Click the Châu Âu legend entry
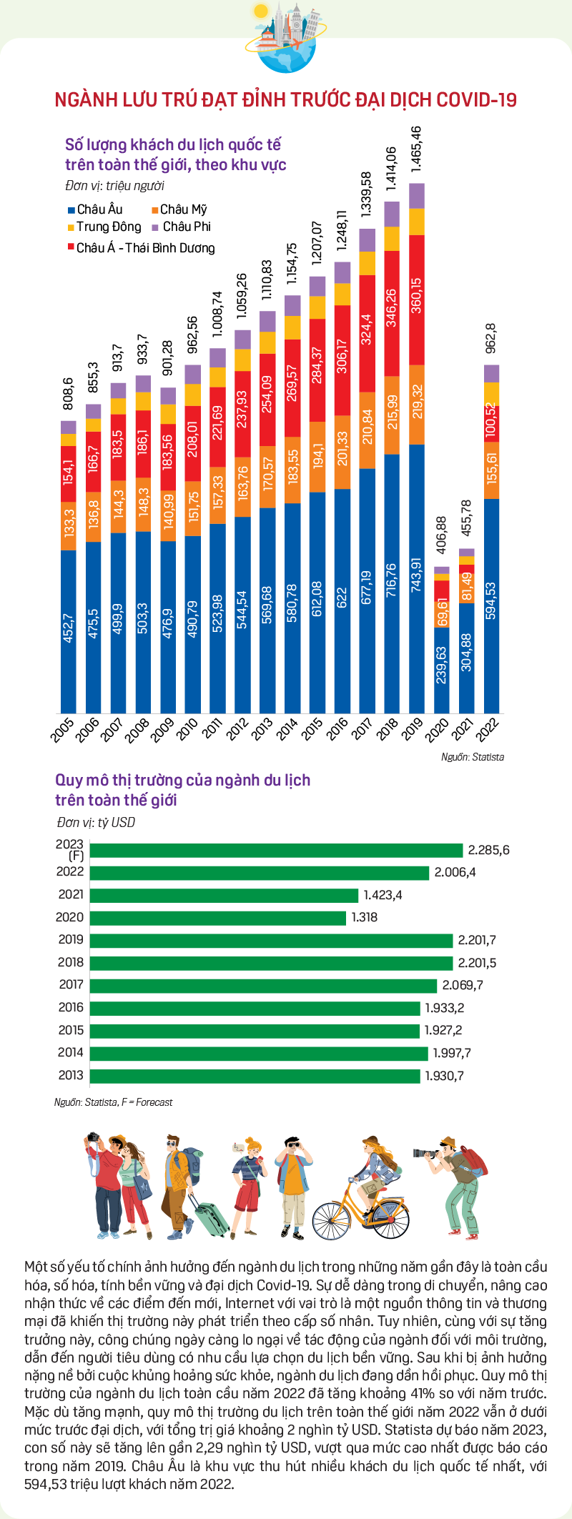95,209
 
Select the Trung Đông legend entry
104,227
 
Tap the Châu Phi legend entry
182,227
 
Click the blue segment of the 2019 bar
417,579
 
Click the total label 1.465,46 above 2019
417,150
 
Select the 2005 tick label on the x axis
63,730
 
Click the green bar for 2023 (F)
277,850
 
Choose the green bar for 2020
219,917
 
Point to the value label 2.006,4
455,872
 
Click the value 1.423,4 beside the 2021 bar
383,895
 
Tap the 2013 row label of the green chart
71,1075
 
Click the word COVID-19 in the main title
476,100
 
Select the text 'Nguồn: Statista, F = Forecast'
113,1102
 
